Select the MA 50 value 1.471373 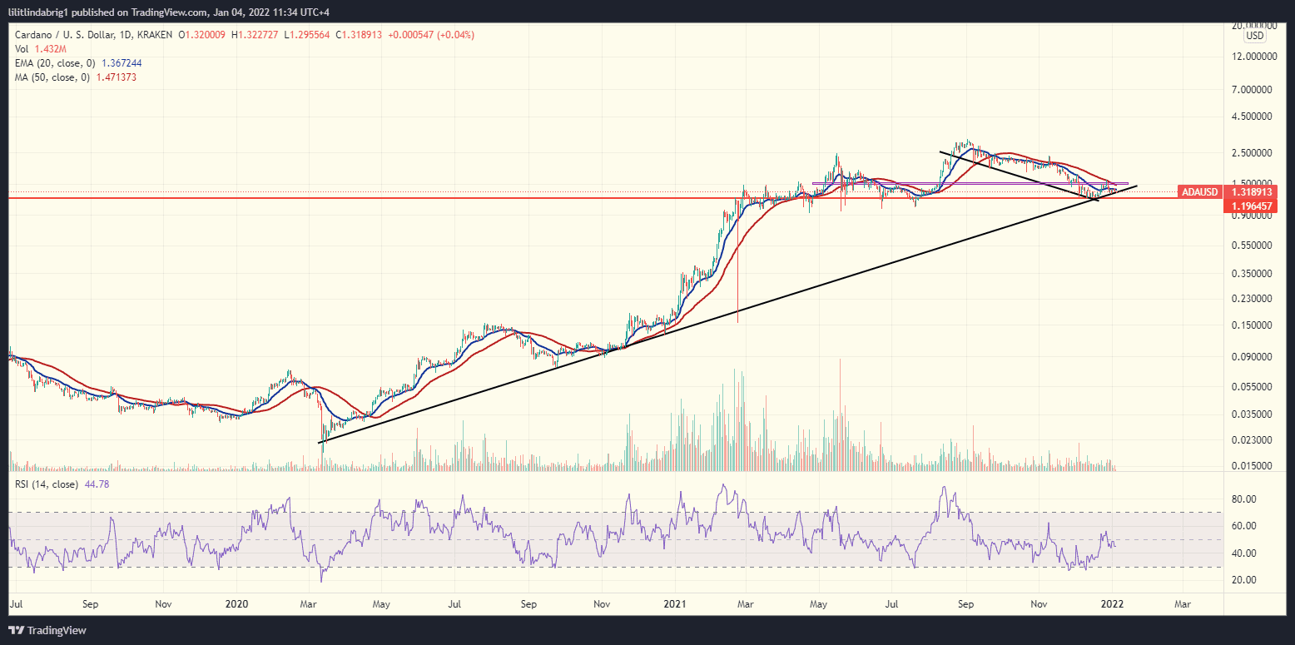118,77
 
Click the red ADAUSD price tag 1199,192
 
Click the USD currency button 1254,36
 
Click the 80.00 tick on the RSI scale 1248,499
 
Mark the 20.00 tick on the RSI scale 1248,580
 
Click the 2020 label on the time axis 237,602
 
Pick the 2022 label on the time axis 1113,602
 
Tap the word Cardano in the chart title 32,35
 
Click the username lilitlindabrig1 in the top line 47,10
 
